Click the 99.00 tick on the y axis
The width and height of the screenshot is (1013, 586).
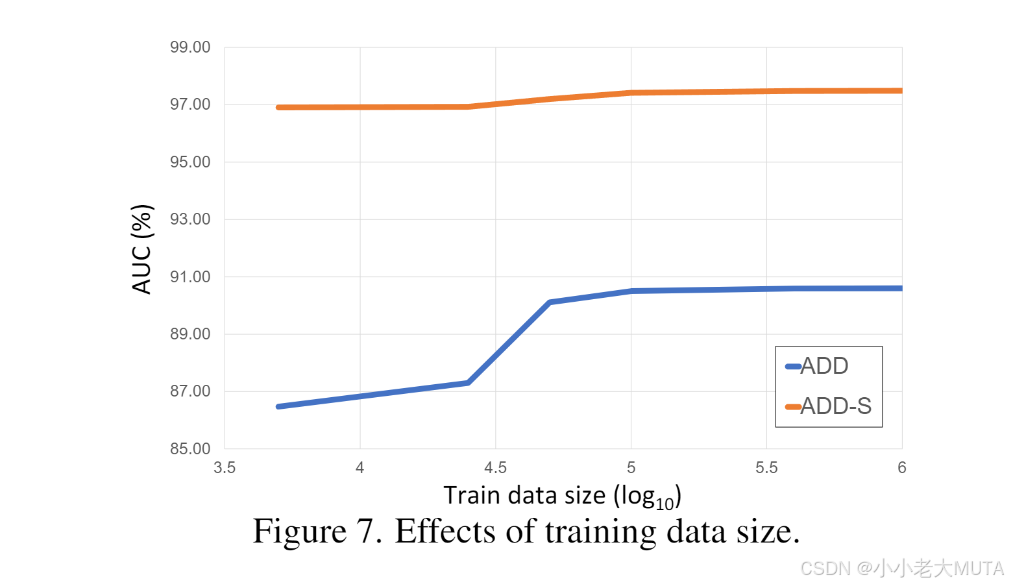click(x=190, y=47)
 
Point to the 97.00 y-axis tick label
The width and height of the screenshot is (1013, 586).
click(x=190, y=104)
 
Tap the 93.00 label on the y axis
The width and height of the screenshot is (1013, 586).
click(x=190, y=219)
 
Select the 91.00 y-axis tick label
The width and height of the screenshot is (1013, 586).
click(x=190, y=277)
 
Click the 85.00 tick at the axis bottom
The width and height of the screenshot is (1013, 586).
click(x=190, y=448)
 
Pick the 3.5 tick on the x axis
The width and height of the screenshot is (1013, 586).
click(x=225, y=468)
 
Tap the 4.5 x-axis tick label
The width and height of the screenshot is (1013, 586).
click(x=495, y=468)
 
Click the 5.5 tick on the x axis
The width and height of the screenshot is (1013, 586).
click(x=766, y=468)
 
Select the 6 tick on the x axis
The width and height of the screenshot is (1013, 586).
click(x=901, y=468)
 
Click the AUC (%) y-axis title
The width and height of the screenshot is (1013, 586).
click(x=141, y=249)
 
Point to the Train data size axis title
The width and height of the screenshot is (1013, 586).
click(x=562, y=496)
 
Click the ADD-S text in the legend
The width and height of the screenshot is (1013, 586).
click(x=836, y=406)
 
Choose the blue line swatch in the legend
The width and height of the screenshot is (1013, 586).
click(x=793, y=367)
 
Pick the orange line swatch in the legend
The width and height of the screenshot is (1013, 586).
click(x=793, y=407)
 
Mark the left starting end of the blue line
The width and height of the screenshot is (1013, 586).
click(x=278, y=406)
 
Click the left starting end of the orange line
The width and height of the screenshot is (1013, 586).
click(x=278, y=108)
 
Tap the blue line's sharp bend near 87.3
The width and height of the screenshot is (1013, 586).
click(x=468, y=383)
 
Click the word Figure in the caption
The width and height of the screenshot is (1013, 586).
click(x=299, y=532)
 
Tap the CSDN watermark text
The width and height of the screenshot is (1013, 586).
click(x=825, y=568)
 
